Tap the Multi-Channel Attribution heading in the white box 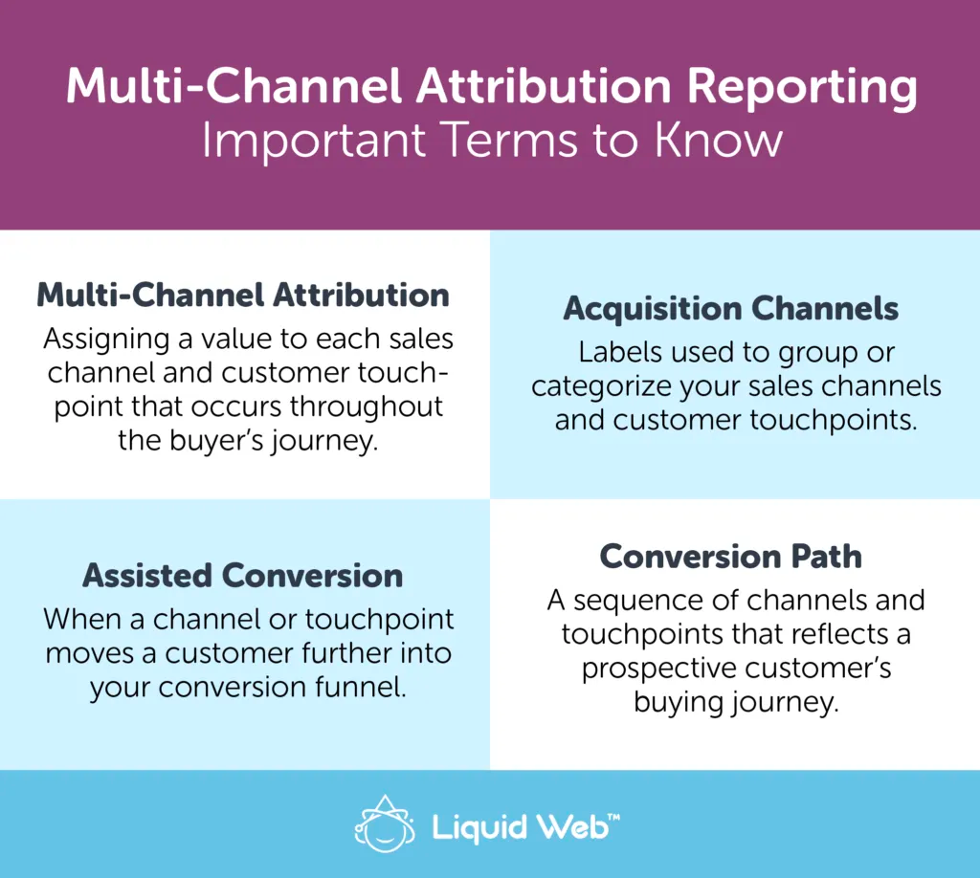[243, 295]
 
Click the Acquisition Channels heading [731, 309]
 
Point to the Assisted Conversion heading [243, 575]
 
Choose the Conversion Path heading [731, 556]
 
